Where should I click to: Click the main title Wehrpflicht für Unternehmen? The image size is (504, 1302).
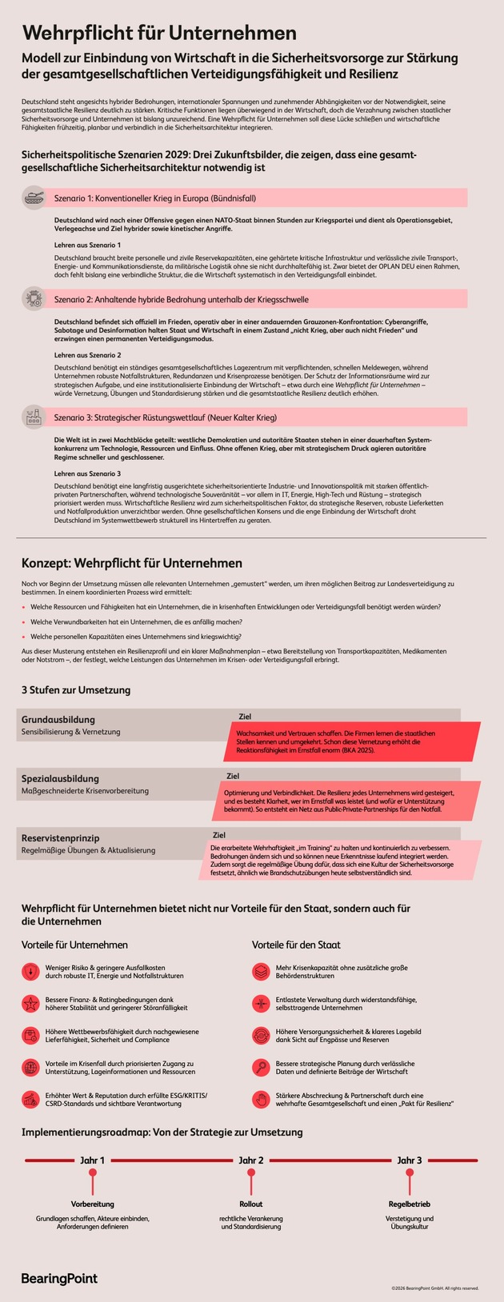pyautogui.click(x=159, y=33)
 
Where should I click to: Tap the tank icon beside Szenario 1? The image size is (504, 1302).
pyautogui.click(x=34, y=197)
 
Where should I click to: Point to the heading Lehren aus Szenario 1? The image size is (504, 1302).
pyautogui.click(x=87, y=245)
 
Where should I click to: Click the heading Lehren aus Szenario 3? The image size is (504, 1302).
pyautogui.click(x=87, y=473)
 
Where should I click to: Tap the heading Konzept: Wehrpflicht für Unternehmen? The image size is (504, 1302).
pyautogui.click(x=131, y=563)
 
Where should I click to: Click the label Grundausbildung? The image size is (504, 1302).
pyautogui.click(x=58, y=719)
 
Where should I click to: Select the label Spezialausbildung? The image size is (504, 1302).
pyautogui.click(x=60, y=778)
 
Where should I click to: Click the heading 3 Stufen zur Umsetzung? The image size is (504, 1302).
pyautogui.click(x=75, y=689)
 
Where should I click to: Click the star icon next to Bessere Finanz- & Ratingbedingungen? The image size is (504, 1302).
pyautogui.click(x=30, y=1003)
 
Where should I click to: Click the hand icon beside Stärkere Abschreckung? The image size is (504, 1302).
pyautogui.click(x=262, y=1099)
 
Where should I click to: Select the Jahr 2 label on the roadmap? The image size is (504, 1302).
pyautogui.click(x=251, y=1160)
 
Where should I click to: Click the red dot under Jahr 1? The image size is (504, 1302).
pyautogui.click(x=93, y=1172)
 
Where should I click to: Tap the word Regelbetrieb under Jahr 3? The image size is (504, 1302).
pyautogui.click(x=409, y=1204)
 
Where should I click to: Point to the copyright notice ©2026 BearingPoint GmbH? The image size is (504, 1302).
pyautogui.click(x=435, y=1288)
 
